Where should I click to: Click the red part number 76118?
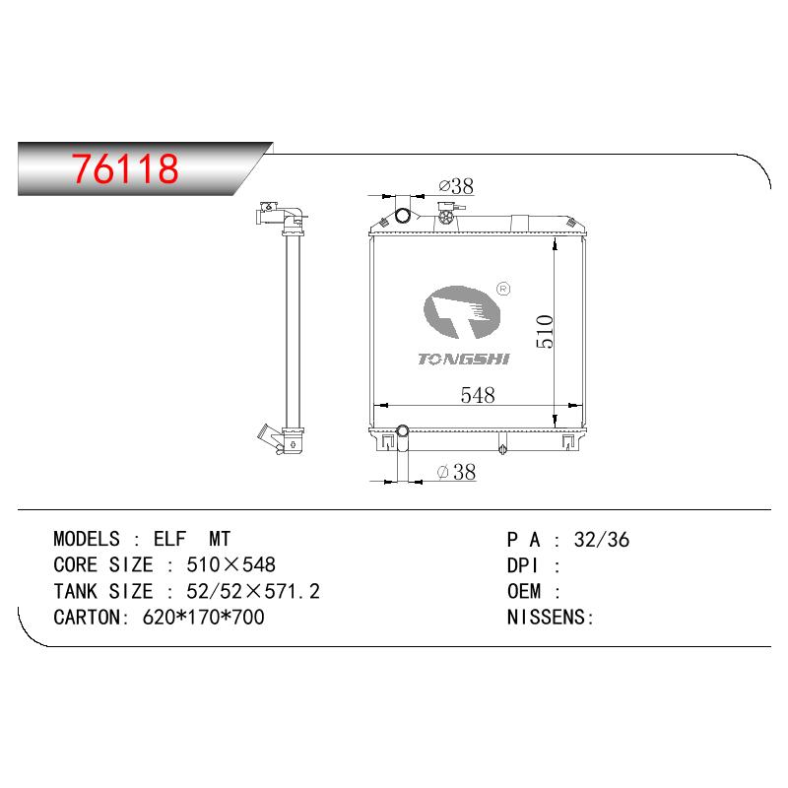[x=125, y=168]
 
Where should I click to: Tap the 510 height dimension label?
[x=545, y=332]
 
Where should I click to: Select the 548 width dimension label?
[x=478, y=395]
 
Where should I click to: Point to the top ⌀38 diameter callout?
[x=456, y=186]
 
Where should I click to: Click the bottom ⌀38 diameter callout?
[x=456, y=472]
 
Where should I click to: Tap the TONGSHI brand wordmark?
[x=463, y=359]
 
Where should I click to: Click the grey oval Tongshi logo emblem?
[x=462, y=312]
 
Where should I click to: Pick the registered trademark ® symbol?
[x=503, y=289]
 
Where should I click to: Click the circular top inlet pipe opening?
[x=403, y=216]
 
